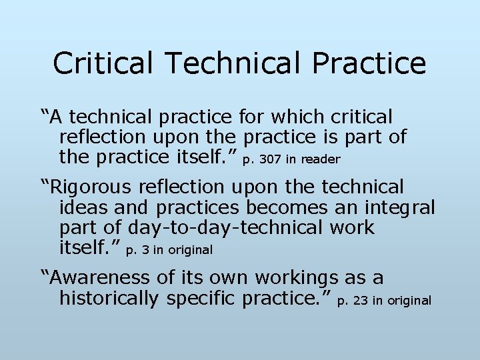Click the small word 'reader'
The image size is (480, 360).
tap(321, 159)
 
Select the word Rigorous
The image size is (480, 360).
tap(91, 187)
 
